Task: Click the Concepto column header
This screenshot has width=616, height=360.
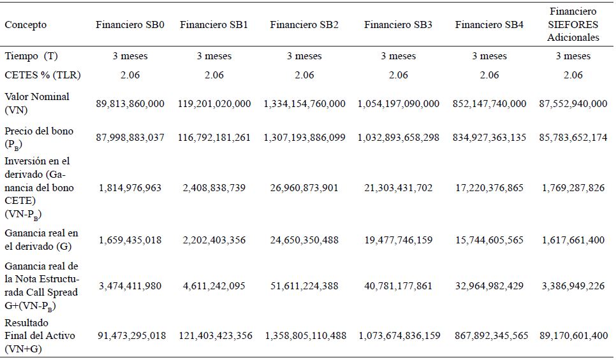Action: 26,25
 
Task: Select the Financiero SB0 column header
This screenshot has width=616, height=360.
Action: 130,25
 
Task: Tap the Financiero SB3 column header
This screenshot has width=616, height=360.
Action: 398,25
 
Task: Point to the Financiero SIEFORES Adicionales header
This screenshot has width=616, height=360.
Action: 573,25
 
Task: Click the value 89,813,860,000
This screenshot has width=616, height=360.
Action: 130,103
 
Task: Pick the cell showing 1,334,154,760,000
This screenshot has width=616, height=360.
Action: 304,103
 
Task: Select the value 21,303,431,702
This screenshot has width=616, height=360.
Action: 398,188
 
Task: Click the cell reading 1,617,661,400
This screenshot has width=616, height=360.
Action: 573,240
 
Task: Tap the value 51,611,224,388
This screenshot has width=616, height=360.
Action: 304,285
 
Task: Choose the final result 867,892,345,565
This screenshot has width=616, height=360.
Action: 489,336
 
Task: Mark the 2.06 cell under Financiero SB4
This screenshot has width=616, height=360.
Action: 489,75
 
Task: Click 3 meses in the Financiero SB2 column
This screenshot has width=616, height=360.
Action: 304,56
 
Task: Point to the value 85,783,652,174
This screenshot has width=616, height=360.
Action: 573,137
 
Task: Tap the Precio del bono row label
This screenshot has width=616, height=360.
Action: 39,137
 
